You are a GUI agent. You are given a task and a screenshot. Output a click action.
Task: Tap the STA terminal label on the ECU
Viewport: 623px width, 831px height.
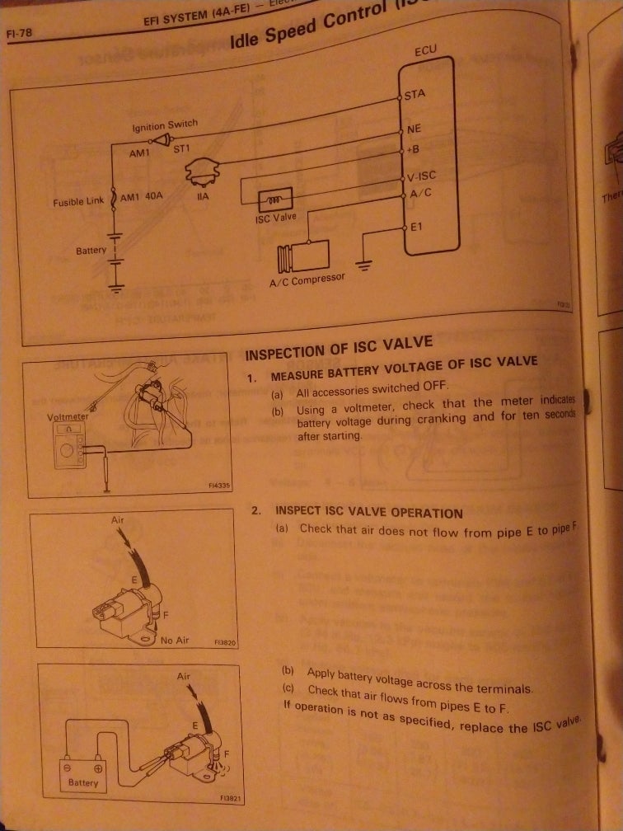tap(415, 94)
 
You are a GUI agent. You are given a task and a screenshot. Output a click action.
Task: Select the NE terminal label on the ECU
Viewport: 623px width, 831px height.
tap(414, 129)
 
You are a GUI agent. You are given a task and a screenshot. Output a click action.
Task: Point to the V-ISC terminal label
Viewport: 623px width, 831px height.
tap(420, 176)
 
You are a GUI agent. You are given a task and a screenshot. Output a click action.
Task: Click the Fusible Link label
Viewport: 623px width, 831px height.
tap(78, 201)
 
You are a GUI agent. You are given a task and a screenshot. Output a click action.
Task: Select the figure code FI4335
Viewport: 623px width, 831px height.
tap(218, 487)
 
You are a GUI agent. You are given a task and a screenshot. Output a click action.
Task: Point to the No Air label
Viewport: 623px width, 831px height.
tap(175, 640)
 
